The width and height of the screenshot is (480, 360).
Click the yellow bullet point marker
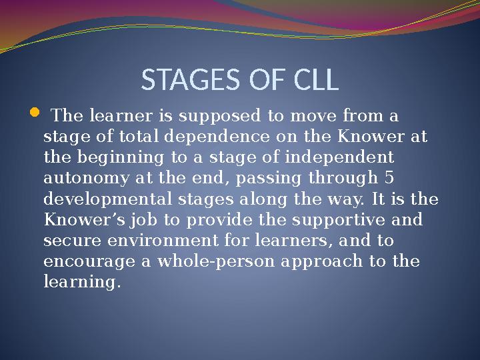click(x=35, y=117)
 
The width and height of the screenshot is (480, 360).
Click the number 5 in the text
click(x=389, y=179)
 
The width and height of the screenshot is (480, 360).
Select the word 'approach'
click(x=321, y=261)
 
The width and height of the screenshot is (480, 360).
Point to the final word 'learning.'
click(x=82, y=282)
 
